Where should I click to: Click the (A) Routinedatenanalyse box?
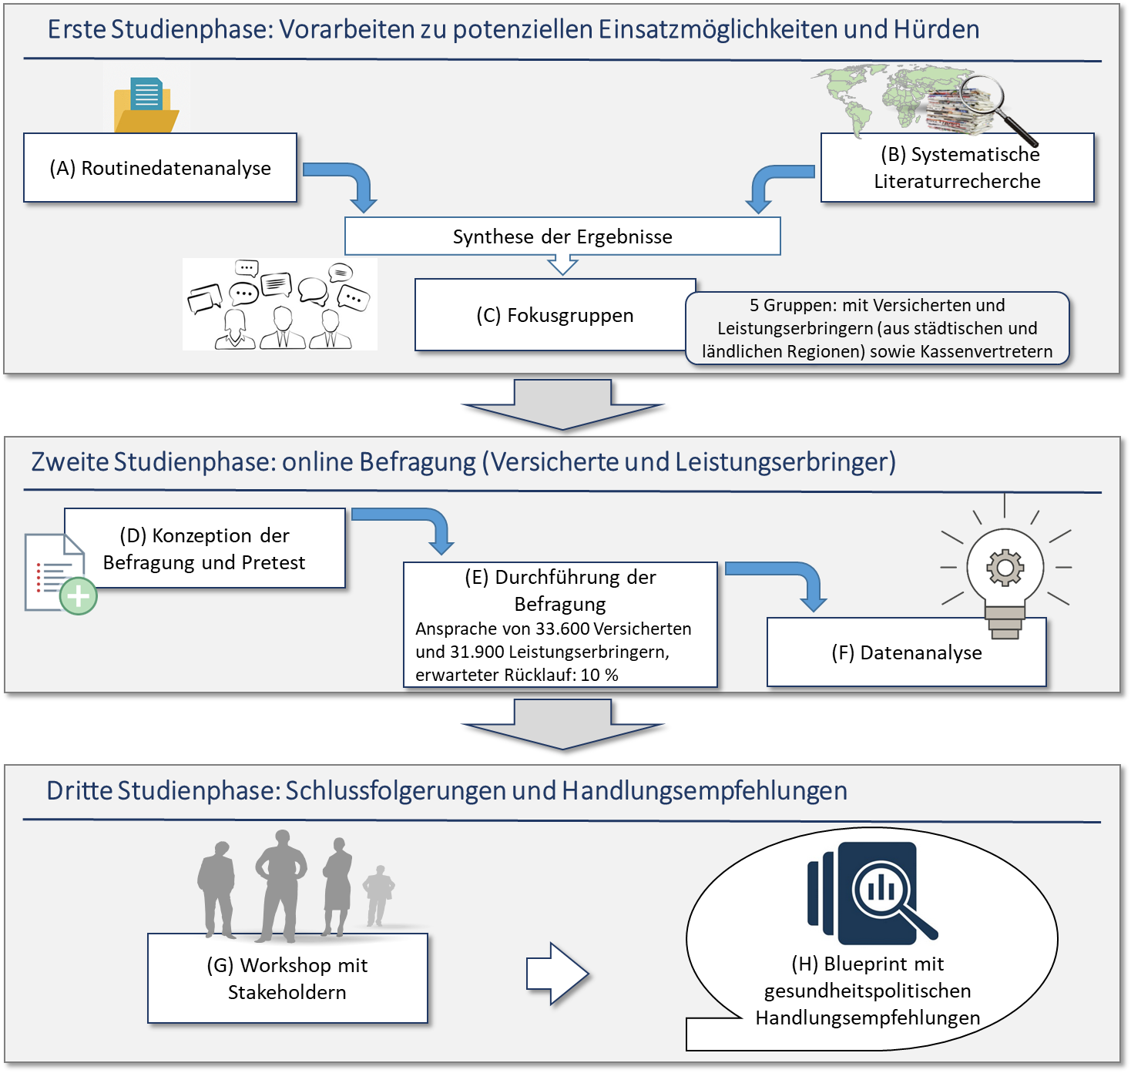click(160, 168)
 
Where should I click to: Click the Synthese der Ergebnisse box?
click(562, 236)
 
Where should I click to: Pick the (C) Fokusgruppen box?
click(555, 315)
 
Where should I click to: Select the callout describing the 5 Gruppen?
click(877, 328)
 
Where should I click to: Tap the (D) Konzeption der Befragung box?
click(204, 548)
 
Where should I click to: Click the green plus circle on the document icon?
click(79, 595)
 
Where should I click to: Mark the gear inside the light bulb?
click(1005, 568)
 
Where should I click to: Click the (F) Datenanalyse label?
click(906, 652)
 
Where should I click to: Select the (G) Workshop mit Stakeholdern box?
click(287, 978)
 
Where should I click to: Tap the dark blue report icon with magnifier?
click(871, 894)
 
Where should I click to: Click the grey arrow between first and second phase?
click(562, 404)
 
